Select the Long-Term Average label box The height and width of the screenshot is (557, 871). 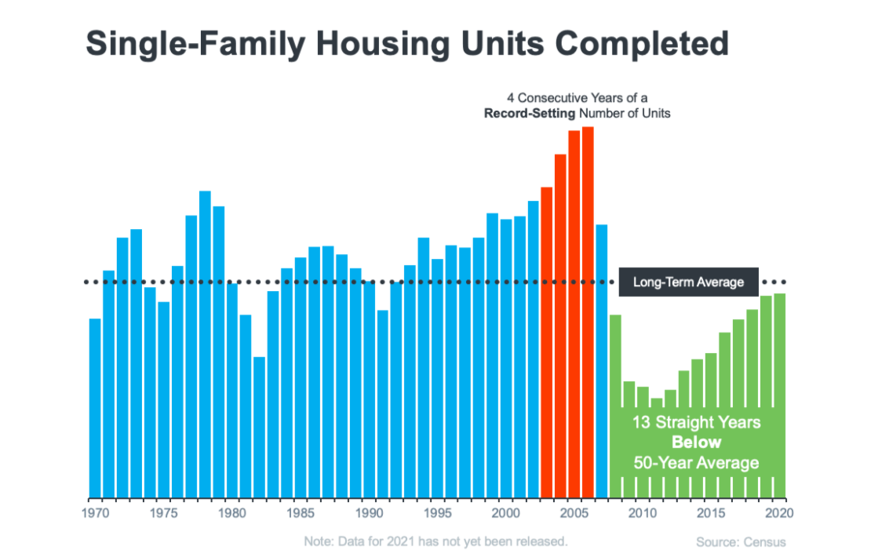(x=688, y=282)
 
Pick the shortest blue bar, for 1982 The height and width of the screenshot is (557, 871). (x=259, y=428)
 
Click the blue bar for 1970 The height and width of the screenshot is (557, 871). (x=95, y=408)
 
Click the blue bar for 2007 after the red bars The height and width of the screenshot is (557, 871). (x=602, y=361)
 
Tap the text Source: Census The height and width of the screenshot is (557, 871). (x=740, y=542)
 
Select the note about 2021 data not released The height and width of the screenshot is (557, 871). (x=435, y=541)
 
